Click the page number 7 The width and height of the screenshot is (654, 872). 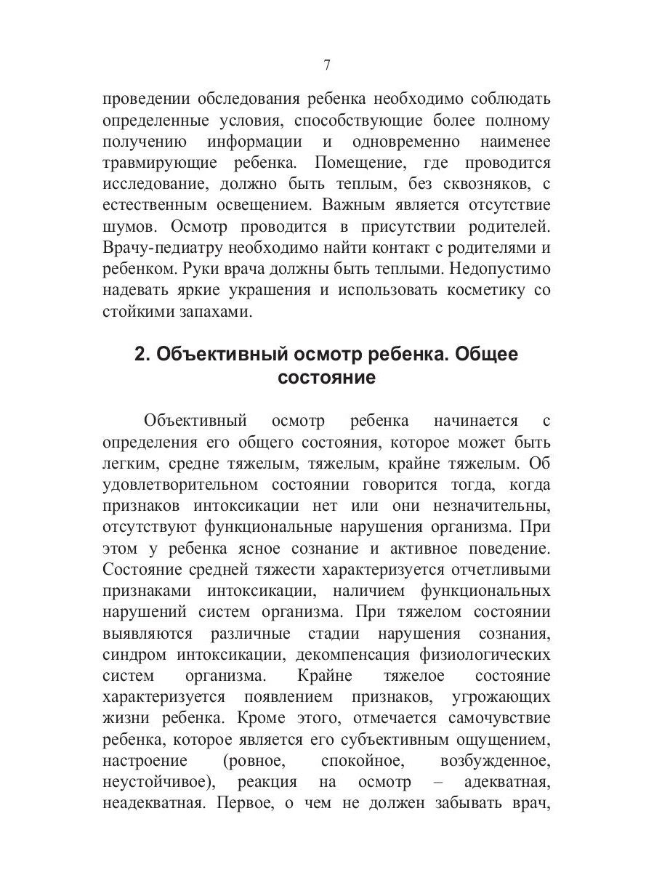pos(327,65)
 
